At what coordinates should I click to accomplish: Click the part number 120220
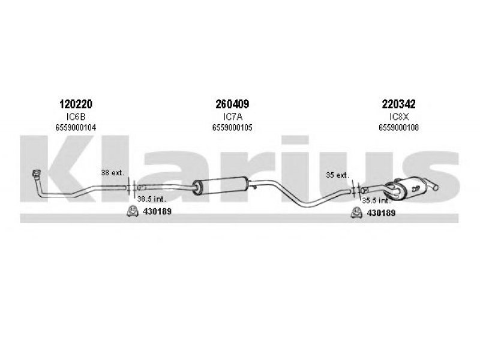(76, 104)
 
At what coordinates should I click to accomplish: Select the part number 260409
(232, 104)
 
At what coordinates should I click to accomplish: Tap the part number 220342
(398, 104)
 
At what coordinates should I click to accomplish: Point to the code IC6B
(76, 116)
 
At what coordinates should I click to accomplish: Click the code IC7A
(233, 116)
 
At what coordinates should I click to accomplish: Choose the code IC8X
(399, 116)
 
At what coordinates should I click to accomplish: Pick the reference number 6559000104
(76, 127)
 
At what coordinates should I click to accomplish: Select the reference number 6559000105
(232, 127)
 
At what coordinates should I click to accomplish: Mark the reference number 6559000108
(398, 127)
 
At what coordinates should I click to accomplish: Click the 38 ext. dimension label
(113, 173)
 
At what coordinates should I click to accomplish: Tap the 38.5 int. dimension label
(152, 199)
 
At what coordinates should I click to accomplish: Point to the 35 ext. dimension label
(337, 175)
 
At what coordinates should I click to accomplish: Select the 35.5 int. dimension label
(377, 201)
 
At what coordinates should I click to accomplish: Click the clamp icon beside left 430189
(133, 211)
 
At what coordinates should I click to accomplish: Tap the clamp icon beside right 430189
(356, 213)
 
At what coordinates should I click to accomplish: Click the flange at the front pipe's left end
(37, 173)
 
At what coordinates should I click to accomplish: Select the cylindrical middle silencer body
(221, 185)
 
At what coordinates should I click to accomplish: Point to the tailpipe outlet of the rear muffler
(433, 186)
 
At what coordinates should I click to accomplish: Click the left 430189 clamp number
(157, 211)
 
